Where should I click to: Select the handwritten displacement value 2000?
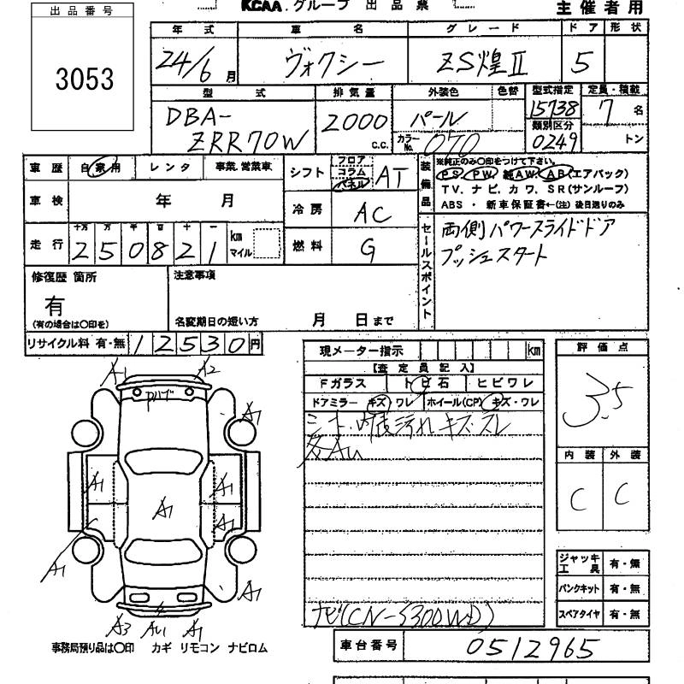click(x=352, y=122)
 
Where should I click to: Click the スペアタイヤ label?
click(x=578, y=614)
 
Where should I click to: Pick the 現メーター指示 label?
click(x=357, y=351)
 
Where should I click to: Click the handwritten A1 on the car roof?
click(x=162, y=508)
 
